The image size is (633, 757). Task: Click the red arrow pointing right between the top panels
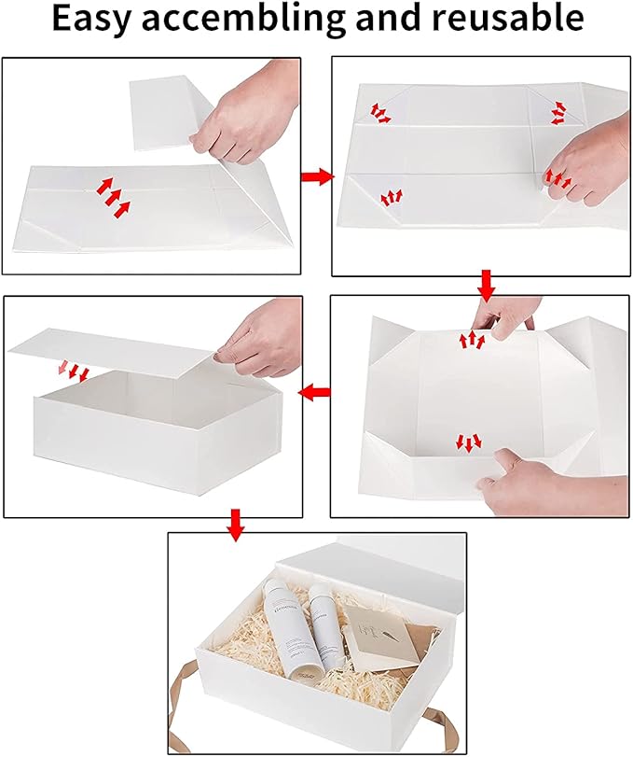click(x=317, y=176)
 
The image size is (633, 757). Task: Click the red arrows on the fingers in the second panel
click(x=559, y=176)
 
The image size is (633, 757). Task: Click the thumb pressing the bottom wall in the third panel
click(x=503, y=460)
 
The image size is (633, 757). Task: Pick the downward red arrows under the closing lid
click(x=78, y=372)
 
